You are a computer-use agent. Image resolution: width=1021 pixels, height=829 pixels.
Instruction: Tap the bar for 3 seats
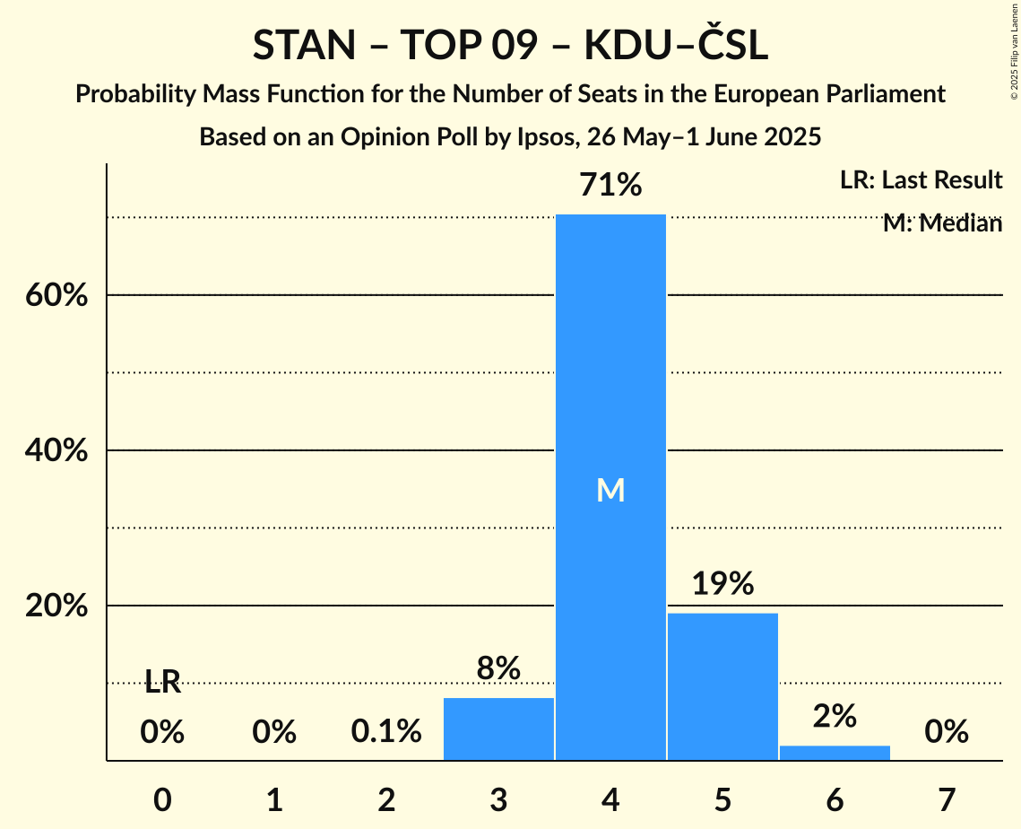(498, 729)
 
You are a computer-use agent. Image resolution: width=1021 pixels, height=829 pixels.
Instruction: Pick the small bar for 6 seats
(835, 753)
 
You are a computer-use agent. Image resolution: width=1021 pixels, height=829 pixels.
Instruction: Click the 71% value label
(610, 186)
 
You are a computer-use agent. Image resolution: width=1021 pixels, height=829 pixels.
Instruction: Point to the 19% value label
(722, 584)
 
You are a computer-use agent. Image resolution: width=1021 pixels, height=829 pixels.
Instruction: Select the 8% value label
(498, 668)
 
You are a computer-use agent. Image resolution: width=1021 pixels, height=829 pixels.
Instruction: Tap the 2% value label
(835, 716)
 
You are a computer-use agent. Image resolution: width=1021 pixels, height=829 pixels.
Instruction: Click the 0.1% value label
(386, 732)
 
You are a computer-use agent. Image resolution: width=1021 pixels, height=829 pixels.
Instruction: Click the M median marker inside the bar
(610, 490)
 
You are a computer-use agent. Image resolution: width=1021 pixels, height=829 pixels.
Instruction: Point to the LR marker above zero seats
(162, 684)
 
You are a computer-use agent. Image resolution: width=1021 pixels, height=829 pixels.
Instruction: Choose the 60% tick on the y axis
(56, 295)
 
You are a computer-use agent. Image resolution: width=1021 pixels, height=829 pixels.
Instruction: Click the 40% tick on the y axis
(56, 450)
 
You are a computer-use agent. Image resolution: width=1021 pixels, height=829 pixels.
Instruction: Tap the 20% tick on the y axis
(56, 606)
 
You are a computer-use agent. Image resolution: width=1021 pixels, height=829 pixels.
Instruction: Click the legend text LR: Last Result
(921, 180)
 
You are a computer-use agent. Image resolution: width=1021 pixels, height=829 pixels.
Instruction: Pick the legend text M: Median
(942, 223)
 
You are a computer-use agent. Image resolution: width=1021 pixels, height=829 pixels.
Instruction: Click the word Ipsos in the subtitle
(543, 137)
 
